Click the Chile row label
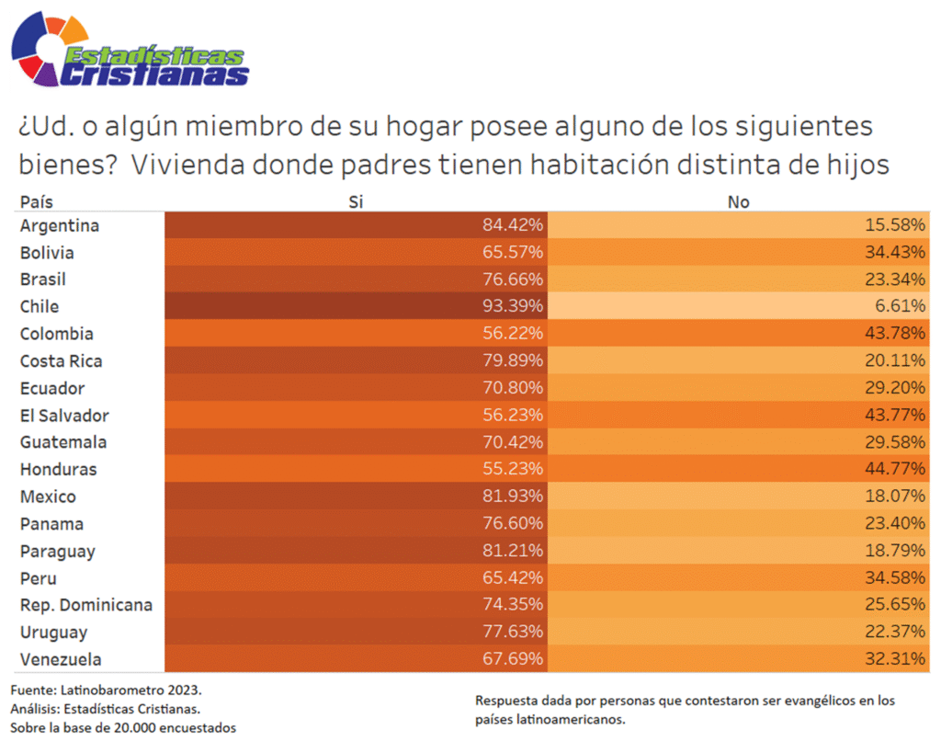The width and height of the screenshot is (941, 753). coord(40,306)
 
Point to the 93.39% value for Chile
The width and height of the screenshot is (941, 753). coord(513,306)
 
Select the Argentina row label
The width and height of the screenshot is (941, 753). coord(60,225)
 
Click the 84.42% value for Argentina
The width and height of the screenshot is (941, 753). coord(513,225)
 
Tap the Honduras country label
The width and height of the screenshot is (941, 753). coord(58,469)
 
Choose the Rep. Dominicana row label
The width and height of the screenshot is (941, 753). coord(86,605)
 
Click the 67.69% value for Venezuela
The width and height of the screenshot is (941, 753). coord(513,659)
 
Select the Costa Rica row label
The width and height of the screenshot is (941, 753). coord(62,360)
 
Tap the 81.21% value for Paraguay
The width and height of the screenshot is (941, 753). coord(513,551)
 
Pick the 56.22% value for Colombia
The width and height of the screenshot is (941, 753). coord(513,334)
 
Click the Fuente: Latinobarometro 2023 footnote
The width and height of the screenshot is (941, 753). coord(106,689)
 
